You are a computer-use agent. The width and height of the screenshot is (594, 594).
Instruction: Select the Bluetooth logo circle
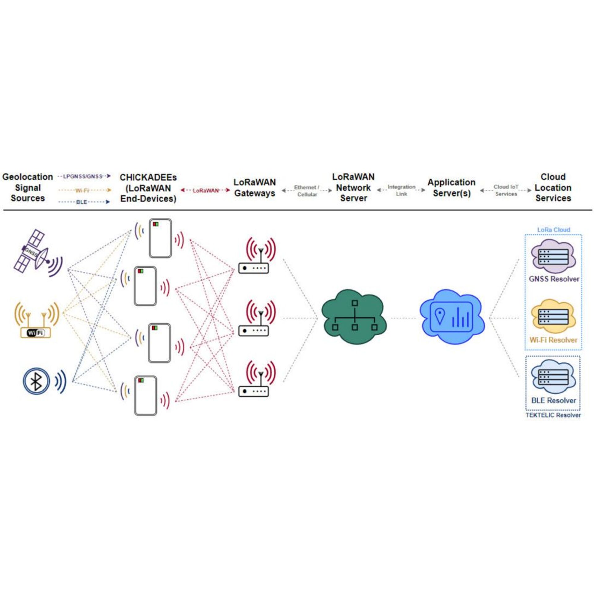pos(37,381)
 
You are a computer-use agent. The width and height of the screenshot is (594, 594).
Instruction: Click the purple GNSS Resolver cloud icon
pos(553,256)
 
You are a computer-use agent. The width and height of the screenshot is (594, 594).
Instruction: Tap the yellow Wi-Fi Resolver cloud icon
pos(553,316)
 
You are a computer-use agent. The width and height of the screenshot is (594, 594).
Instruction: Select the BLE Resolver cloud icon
pos(553,377)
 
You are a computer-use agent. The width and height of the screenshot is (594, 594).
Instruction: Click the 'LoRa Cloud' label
pos(553,230)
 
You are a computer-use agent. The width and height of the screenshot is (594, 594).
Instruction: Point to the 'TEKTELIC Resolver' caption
pos(553,415)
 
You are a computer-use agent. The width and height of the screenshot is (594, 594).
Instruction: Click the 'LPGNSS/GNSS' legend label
pos(83,176)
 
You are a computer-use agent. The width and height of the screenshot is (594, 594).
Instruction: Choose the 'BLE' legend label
pos(82,202)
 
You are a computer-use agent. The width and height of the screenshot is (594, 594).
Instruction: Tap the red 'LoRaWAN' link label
pos(205,191)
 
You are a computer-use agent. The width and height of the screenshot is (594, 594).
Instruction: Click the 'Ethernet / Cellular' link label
pos(307,191)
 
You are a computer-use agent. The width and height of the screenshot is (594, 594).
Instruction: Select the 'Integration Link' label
pos(401,190)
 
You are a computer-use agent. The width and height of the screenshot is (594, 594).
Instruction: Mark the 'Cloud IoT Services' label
pos(506,190)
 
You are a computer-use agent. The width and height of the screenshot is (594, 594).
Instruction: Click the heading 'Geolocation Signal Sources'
pos(28,187)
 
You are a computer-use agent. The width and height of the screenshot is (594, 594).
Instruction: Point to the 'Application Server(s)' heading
pos(451,187)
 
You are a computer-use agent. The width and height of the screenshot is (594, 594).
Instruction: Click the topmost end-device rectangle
pos(160,238)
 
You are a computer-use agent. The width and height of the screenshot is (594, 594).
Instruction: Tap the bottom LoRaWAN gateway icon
pos(254,391)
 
